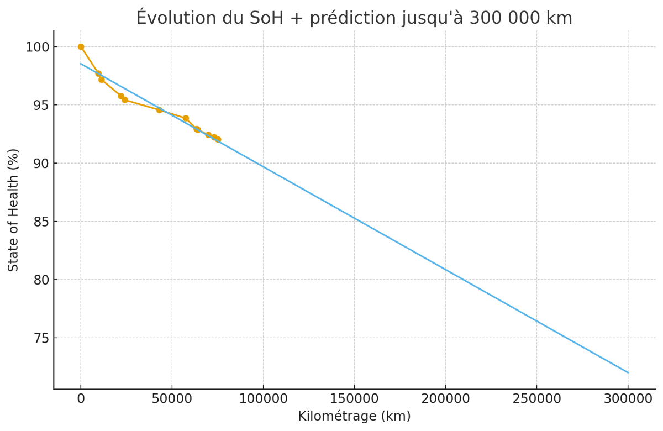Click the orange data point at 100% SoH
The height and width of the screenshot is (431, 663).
[81, 47]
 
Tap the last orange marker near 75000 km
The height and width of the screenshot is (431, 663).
[218, 140]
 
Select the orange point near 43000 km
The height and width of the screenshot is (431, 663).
[159, 110]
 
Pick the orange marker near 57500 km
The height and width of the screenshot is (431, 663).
[186, 118]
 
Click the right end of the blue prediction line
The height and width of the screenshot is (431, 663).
[628, 372]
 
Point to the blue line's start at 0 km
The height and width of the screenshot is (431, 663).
[81, 64]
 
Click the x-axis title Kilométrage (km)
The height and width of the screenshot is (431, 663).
[354, 417]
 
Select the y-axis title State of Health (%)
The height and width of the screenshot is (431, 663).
[14, 210]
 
